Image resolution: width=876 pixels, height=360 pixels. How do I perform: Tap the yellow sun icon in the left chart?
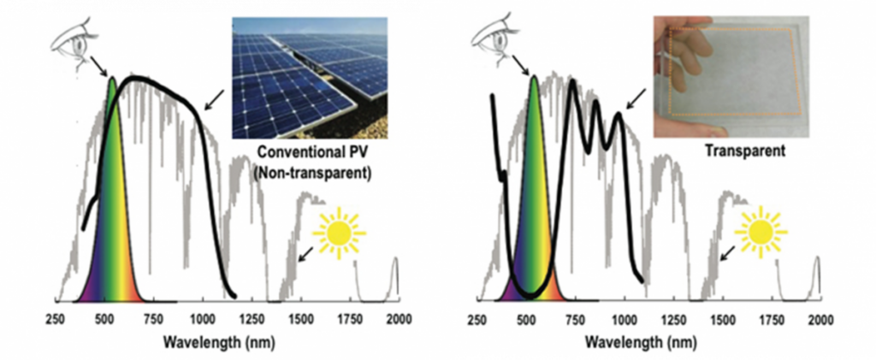[339, 233]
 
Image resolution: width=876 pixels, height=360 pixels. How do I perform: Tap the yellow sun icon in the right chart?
[760, 233]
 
